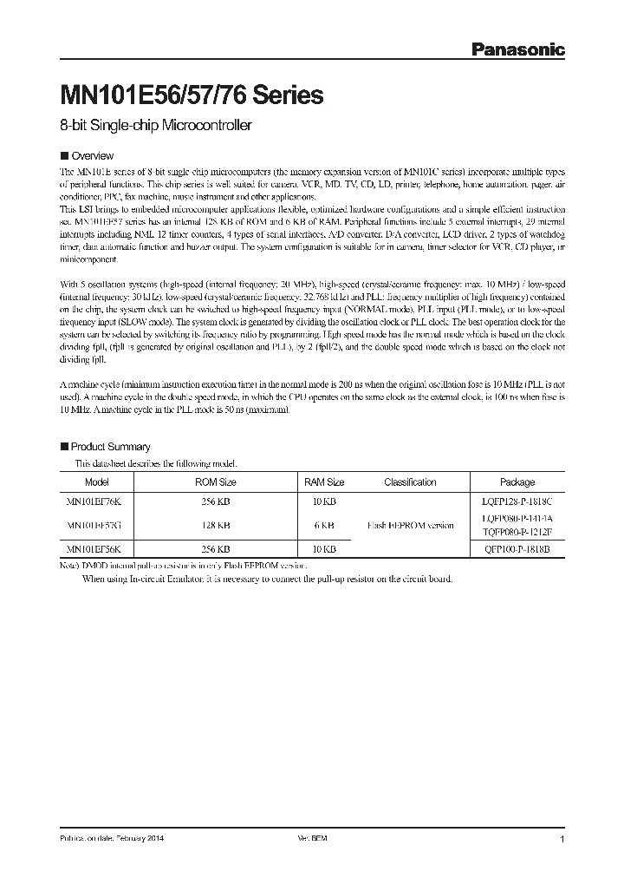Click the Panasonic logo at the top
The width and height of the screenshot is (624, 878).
click(517, 50)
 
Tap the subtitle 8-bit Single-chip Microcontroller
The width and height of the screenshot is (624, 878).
click(155, 126)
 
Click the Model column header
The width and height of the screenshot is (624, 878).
click(97, 482)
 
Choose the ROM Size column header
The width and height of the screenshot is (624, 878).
click(216, 482)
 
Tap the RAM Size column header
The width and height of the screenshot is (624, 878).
click(324, 482)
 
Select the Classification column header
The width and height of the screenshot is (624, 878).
click(410, 482)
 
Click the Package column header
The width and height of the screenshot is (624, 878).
click(517, 482)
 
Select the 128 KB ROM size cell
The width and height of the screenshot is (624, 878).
click(216, 525)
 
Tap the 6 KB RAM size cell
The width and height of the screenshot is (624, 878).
click(324, 525)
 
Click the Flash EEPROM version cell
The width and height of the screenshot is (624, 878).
click(410, 525)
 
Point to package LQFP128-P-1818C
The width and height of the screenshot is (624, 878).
click(518, 502)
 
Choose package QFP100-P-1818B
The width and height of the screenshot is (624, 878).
click(518, 548)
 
